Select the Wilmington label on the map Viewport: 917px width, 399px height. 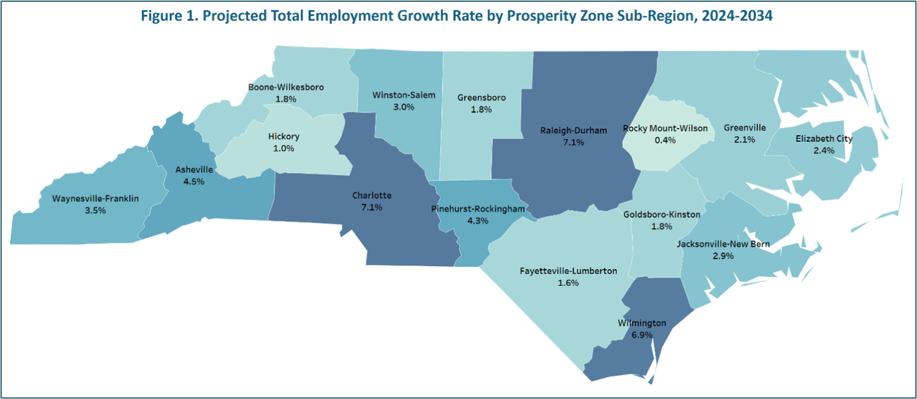(x=642, y=323)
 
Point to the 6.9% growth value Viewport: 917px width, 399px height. (x=642, y=335)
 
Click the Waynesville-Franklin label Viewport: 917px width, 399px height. (x=95, y=199)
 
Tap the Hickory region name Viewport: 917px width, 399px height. (x=283, y=136)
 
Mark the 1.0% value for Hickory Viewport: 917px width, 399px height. (x=283, y=148)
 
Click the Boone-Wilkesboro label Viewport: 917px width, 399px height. (x=286, y=87)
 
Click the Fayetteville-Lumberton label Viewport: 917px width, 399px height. (x=569, y=271)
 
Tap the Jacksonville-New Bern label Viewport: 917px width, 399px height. (x=723, y=244)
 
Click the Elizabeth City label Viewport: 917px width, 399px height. (x=824, y=139)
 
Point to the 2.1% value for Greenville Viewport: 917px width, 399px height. (x=744, y=139)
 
